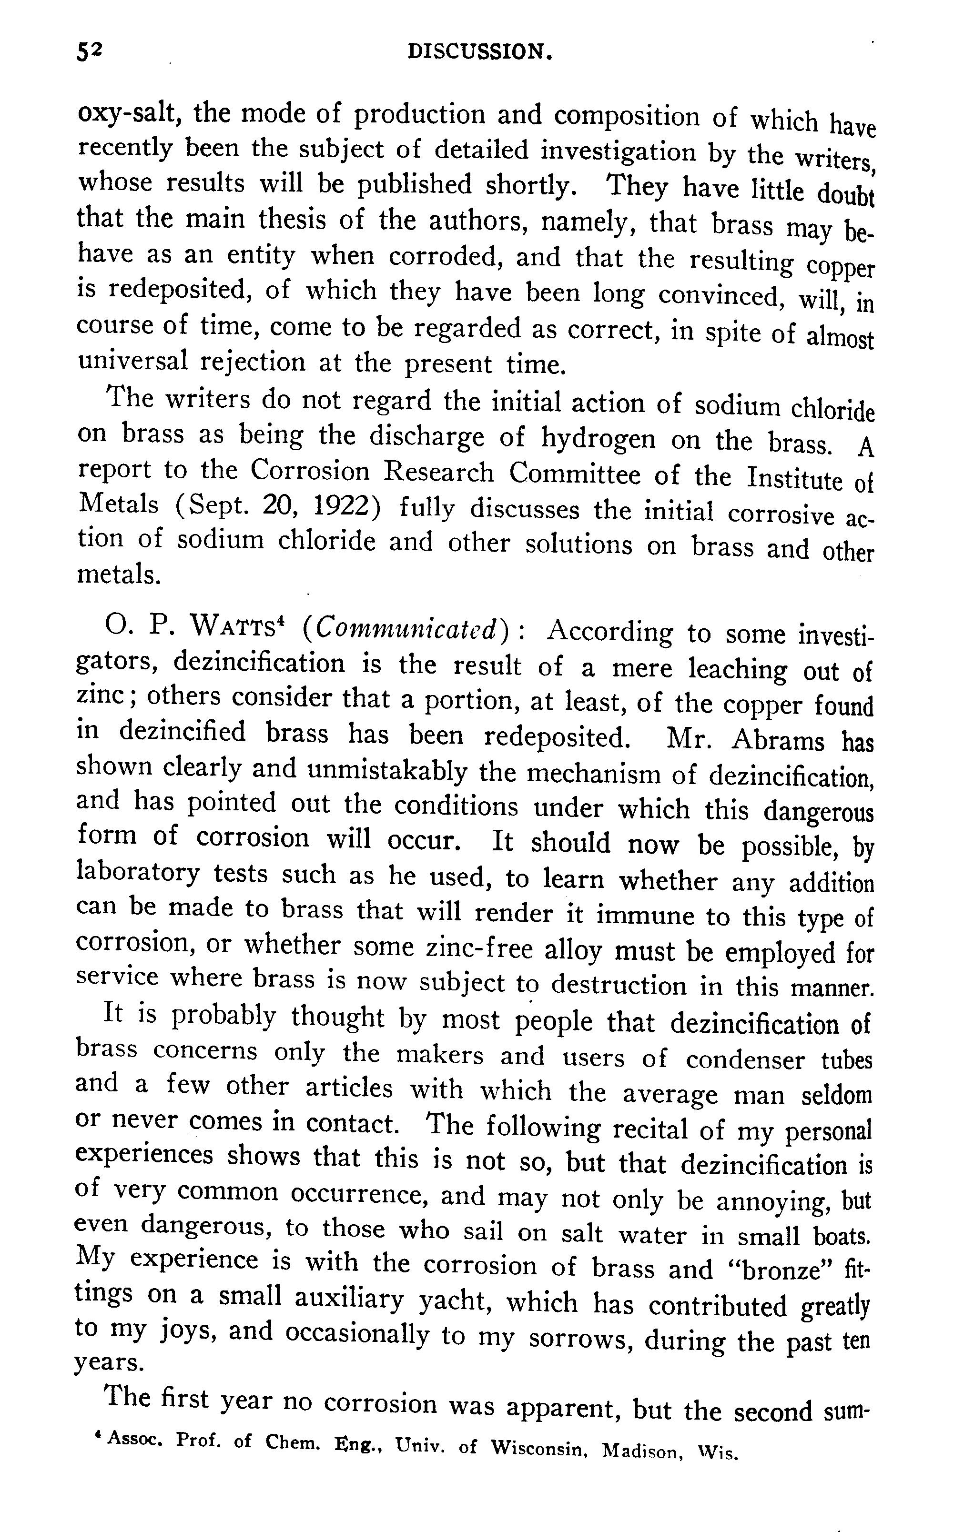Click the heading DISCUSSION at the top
(x=479, y=51)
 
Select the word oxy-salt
(x=131, y=114)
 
